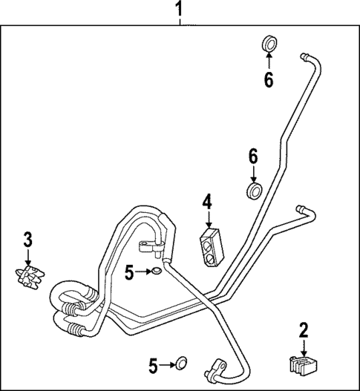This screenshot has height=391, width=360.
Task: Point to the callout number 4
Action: (208, 202)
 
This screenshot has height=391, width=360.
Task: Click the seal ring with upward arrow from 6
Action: (268, 43)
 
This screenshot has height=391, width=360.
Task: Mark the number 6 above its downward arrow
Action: (253, 157)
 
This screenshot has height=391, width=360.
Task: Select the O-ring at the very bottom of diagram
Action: (180, 364)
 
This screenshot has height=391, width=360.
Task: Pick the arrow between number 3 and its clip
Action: (27, 258)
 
